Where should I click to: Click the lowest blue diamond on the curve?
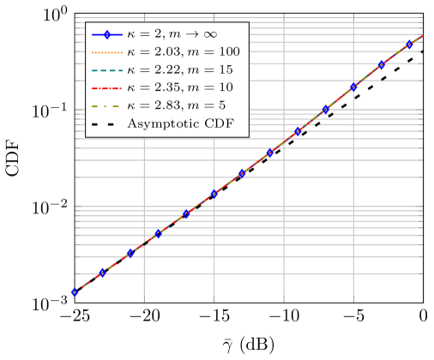75,292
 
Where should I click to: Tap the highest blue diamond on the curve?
409,45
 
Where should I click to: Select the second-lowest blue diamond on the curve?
102,273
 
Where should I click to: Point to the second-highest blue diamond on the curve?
381,65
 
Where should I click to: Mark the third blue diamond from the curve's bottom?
130,253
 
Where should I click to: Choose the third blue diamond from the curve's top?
353,87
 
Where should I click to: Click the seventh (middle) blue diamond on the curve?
242,173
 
